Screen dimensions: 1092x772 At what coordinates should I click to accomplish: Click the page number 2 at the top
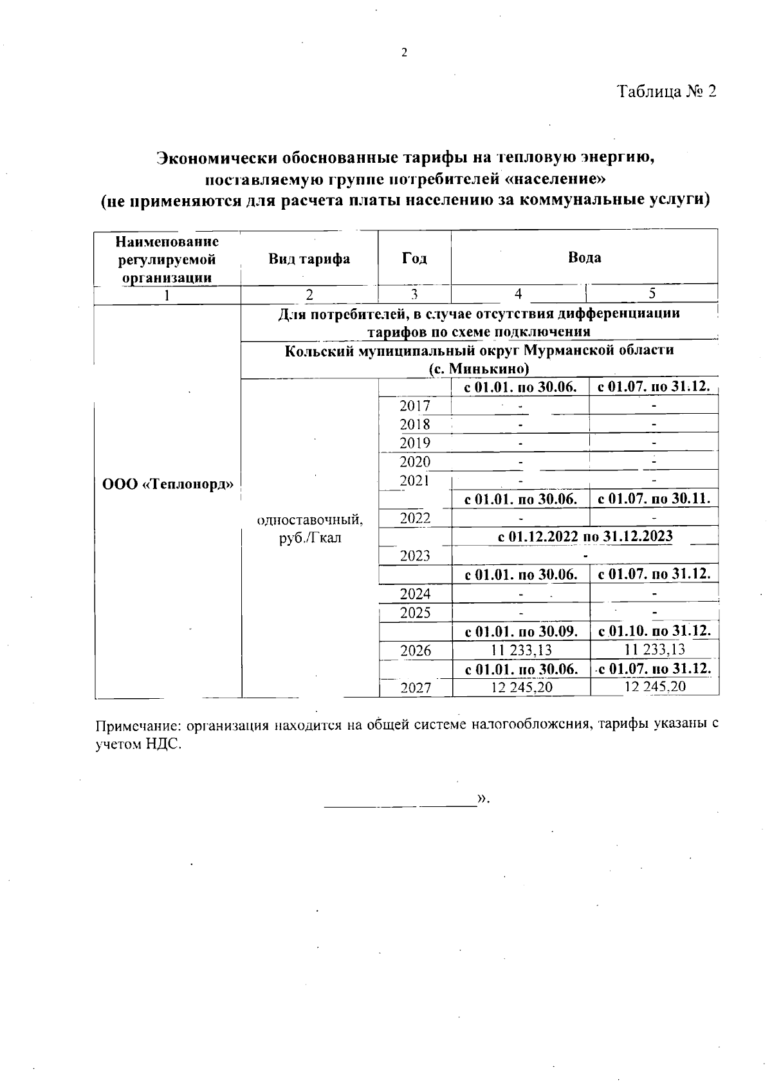(x=404, y=53)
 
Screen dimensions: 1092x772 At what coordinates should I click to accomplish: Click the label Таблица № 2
(x=666, y=91)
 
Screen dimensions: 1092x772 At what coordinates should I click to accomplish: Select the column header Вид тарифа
(x=309, y=259)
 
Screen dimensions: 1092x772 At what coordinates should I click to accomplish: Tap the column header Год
(x=414, y=258)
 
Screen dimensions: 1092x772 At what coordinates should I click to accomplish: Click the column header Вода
(x=584, y=257)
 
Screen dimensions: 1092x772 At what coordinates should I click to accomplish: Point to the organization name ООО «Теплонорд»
(x=167, y=484)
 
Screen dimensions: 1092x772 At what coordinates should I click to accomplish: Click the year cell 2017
(x=415, y=405)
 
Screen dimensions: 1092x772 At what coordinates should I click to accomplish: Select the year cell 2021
(x=415, y=480)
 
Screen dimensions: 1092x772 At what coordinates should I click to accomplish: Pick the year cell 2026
(x=416, y=651)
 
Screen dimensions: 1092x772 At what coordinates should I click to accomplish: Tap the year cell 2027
(x=416, y=688)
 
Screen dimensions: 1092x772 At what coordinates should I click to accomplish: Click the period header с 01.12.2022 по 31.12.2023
(x=585, y=536)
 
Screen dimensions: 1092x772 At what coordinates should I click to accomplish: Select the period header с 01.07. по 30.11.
(x=654, y=499)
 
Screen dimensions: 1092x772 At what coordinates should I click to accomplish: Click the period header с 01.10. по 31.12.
(x=654, y=631)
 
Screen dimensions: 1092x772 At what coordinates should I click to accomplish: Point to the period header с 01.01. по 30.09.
(x=520, y=631)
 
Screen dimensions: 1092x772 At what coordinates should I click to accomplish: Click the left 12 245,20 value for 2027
(x=521, y=687)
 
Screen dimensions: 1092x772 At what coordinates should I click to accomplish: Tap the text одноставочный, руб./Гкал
(x=309, y=528)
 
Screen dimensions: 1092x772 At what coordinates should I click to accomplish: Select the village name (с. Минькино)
(x=479, y=369)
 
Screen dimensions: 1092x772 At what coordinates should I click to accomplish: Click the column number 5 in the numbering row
(x=652, y=293)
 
